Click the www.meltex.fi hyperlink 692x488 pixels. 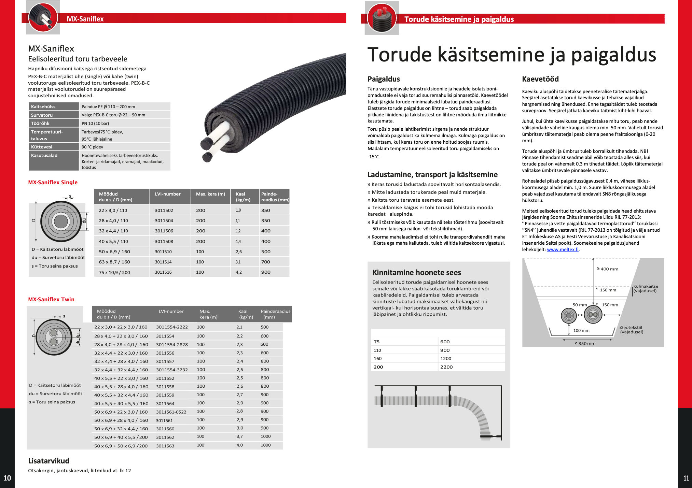[563, 249]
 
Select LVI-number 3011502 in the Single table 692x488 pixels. [164, 210]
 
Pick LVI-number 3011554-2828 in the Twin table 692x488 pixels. [172, 344]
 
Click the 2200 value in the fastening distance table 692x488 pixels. [446, 367]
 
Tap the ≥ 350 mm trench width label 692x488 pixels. [585, 343]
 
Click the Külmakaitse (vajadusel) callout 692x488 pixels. [646, 288]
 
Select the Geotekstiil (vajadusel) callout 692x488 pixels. [632, 330]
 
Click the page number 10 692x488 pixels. [7, 478]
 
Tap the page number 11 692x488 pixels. [686, 478]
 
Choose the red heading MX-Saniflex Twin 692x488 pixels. [51, 299]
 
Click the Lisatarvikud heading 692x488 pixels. [49, 461]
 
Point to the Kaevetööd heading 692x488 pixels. [540, 79]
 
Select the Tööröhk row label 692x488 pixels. [40, 123]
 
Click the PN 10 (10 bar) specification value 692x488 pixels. [95, 123]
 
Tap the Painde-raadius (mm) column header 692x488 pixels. [275, 197]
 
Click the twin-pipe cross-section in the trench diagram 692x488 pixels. [593, 315]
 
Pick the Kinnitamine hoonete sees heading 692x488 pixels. [416, 272]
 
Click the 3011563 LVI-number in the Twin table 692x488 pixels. [165, 446]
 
